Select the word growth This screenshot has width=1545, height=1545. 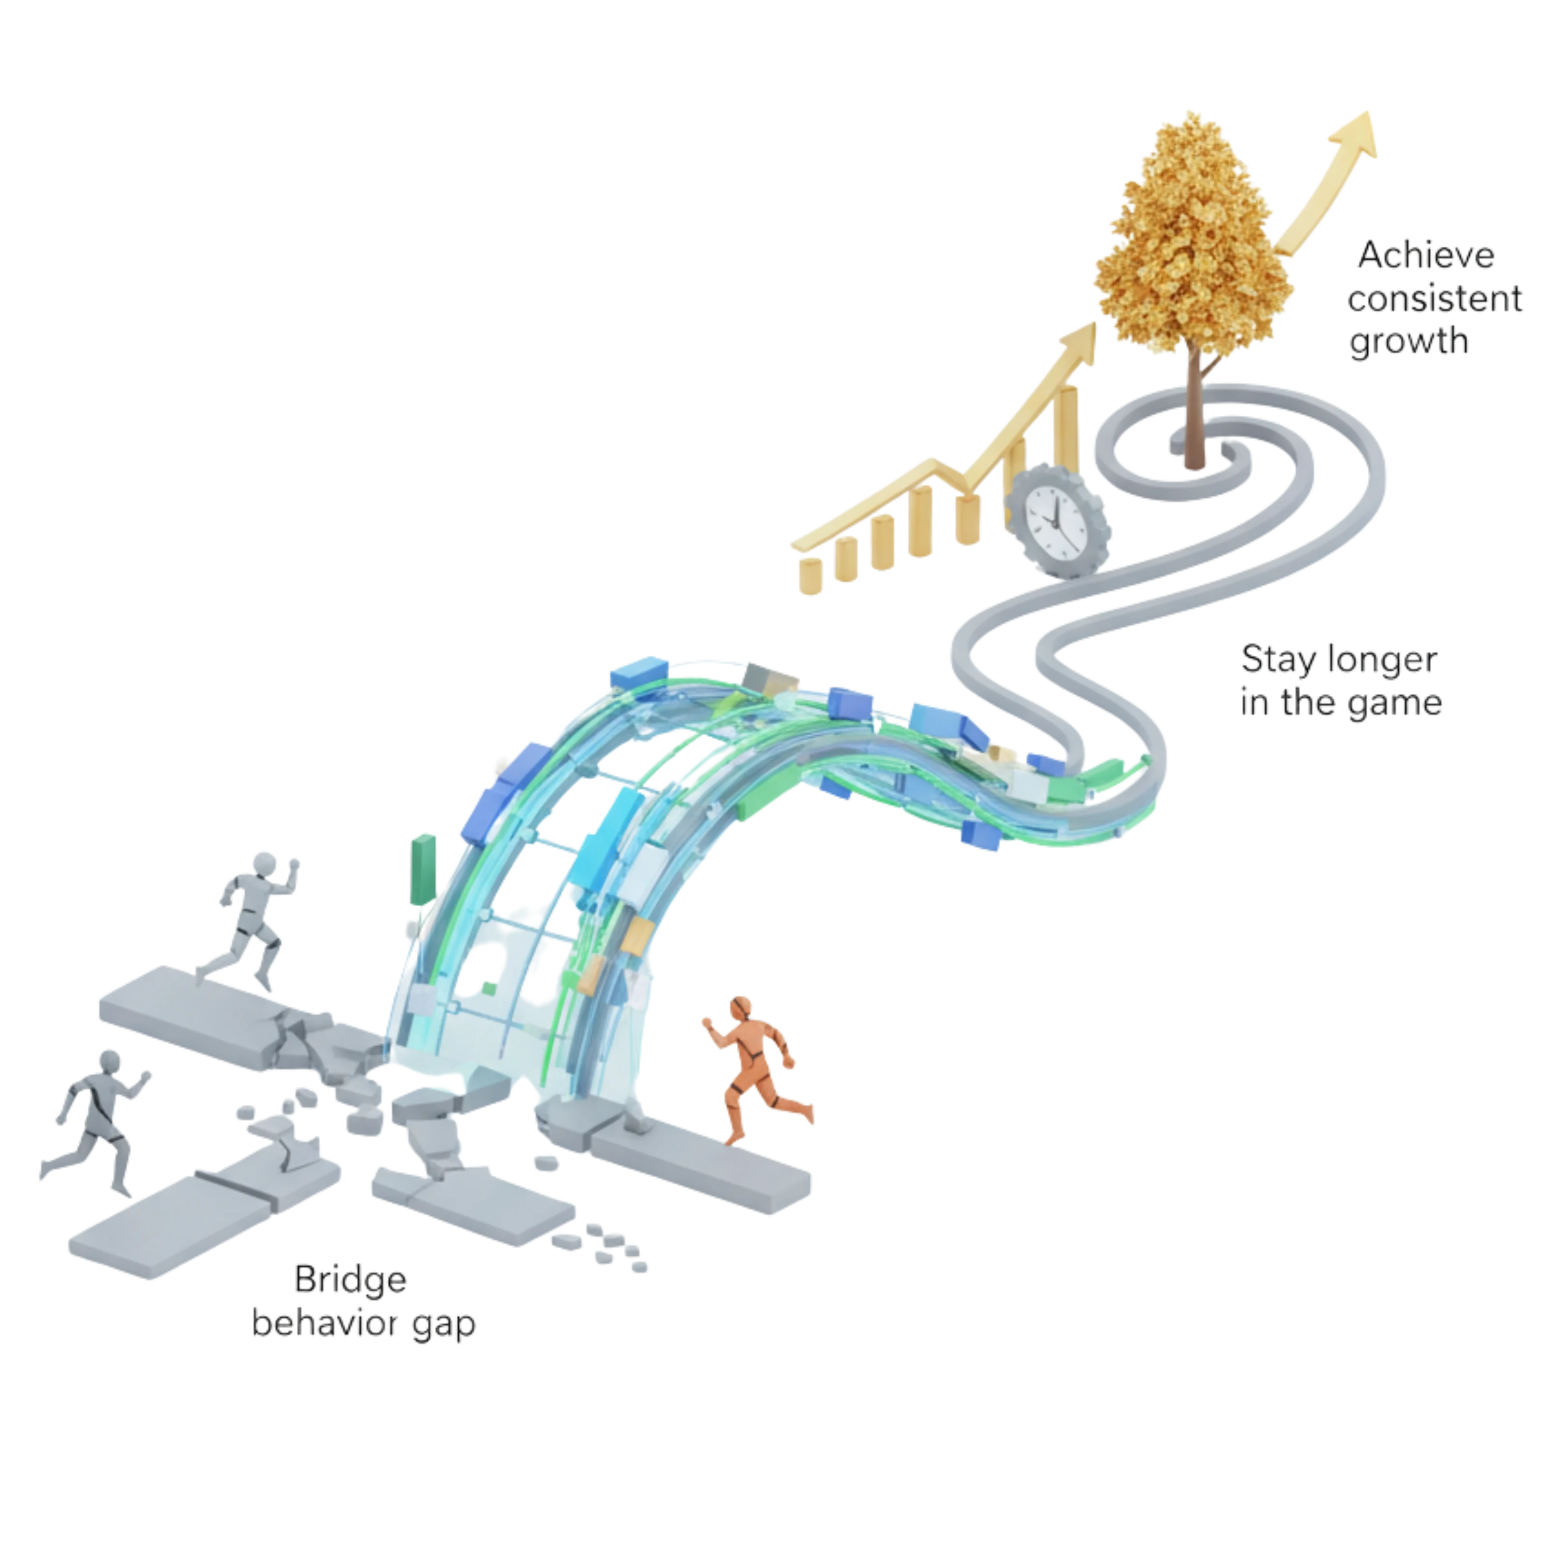tap(1409, 342)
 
